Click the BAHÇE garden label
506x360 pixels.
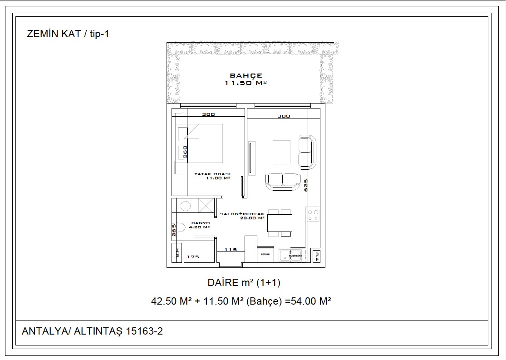[x=246, y=79]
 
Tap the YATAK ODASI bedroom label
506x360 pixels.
[x=212, y=176]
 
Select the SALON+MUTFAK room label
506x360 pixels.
[x=242, y=215]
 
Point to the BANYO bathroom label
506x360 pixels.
[x=200, y=225]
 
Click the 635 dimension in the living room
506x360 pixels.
[x=306, y=185]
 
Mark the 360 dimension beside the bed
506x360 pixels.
[x=185, y=152]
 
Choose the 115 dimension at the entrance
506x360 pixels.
[x=231, y=250]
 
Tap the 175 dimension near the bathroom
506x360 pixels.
[x=193, y=257]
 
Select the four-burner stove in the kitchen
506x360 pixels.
[x=313, y=214]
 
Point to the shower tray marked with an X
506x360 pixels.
[x=206, y=206]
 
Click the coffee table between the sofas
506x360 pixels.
[x=281, y=152]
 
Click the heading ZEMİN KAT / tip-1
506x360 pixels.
[x=68, y=34]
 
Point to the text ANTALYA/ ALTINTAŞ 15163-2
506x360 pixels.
[x=92, y=331]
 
